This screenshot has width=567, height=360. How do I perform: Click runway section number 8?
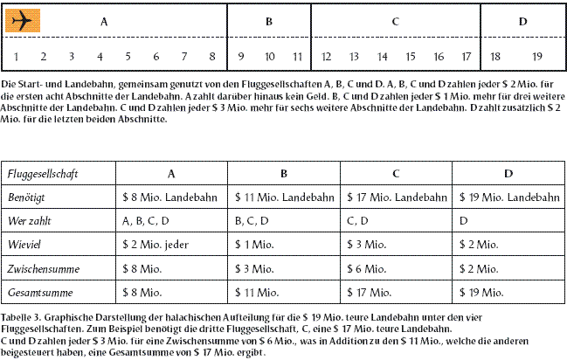click(x=212, y=57)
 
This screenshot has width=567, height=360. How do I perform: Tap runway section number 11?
click(x=298, y=57)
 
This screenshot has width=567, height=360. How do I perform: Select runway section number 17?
click(x=467, y=57)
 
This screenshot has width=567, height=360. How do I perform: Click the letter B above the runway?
click(x=270, y=20)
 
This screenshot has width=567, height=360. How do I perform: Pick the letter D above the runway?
click(x=522, y=20)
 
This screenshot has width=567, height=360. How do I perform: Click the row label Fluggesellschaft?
click(x=43, y=175)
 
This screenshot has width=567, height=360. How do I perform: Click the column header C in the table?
click(x=396, y=175)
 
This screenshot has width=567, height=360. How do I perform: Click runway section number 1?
click(x=17, y=57)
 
